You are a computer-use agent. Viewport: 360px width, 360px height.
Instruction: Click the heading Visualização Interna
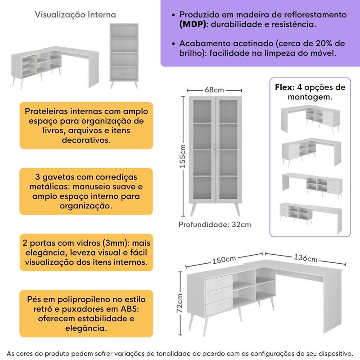pos(75,15)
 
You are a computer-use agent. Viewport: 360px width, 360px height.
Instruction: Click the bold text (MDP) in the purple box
pos(193,24)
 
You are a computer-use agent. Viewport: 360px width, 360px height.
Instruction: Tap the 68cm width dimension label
pos(215,90)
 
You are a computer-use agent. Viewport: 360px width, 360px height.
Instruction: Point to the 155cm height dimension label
pos(183,156)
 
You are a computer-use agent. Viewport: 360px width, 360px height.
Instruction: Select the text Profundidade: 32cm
pos(215,225)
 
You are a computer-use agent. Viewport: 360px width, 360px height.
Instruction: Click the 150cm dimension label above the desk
pos(224,260)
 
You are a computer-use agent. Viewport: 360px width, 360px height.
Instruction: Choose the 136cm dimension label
pos(305,258)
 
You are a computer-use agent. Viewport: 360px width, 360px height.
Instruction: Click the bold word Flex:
pos(284,87)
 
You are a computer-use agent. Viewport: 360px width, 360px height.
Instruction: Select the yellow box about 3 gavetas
pos(86,191)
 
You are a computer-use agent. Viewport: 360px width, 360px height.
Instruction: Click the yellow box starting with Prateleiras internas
pos(86,125)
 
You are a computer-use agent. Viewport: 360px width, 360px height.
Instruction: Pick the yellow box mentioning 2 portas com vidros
pos(86,252)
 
